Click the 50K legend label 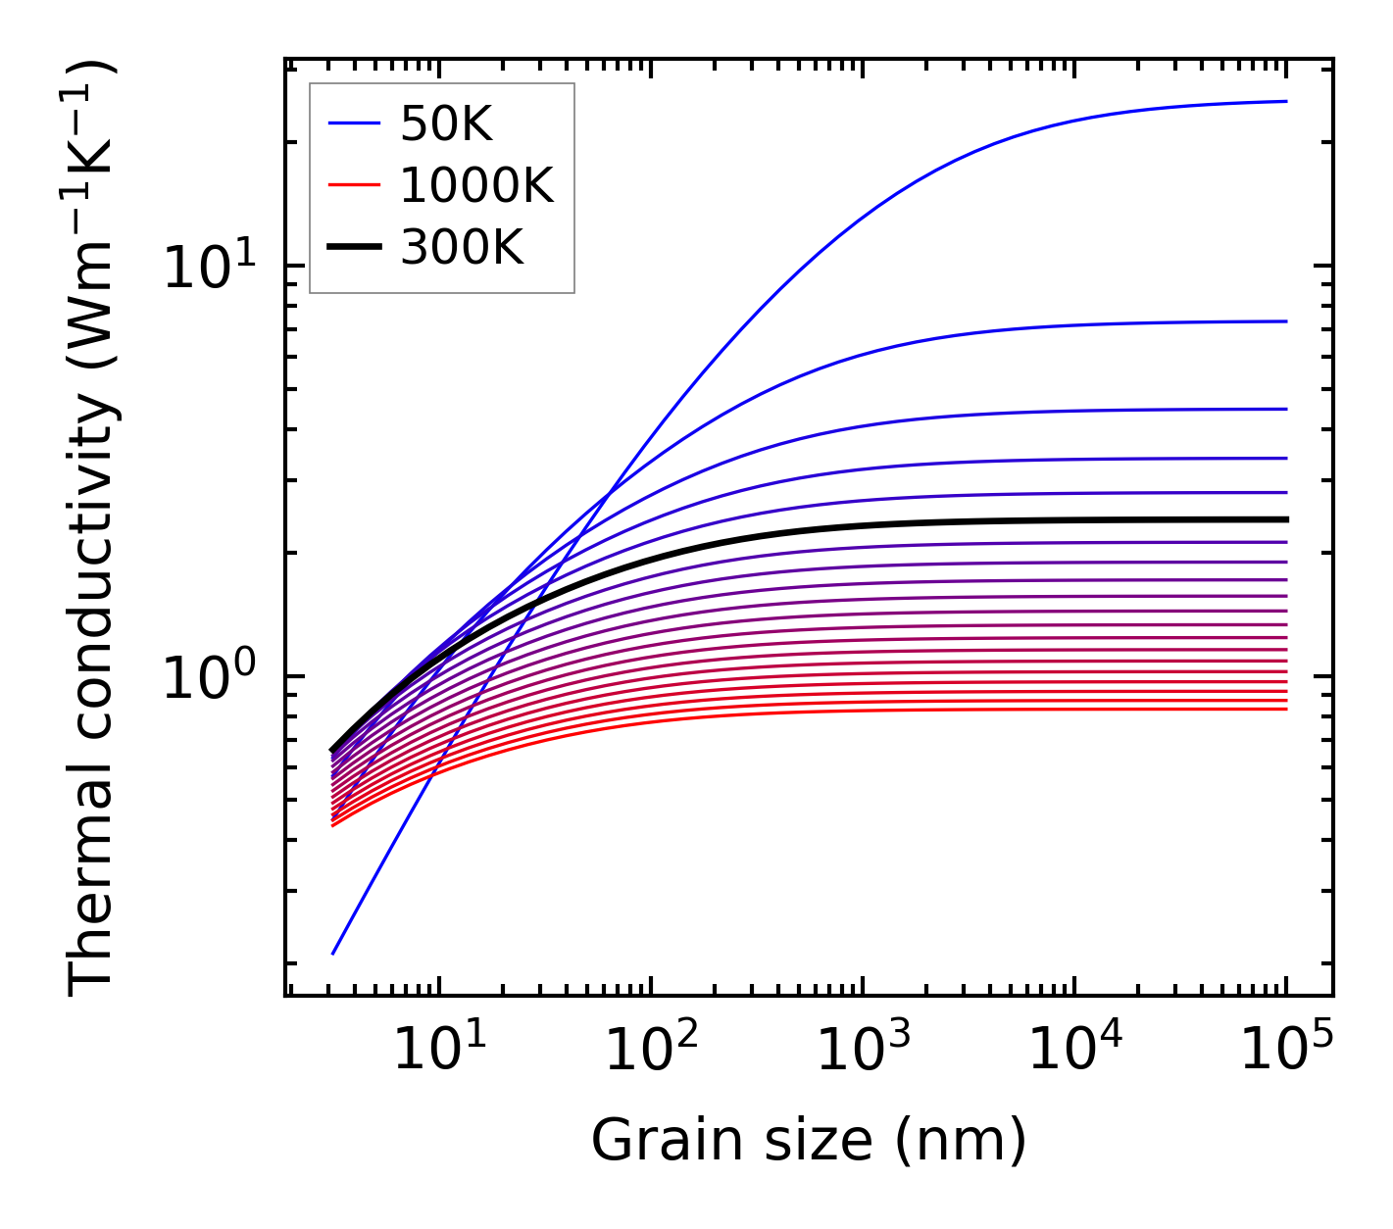(x=446, y=123)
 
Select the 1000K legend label (x=476, y=186)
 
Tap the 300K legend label (x=462, y=249)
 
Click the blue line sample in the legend (x=353, y=123)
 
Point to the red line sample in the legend (x=353, y=185)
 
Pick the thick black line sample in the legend (x=353, y=248)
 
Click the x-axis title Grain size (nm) (x=809, y=1141)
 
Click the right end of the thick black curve (x=1285, y=519)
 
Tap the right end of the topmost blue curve (x=1285, y=101)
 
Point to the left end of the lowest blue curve (x=333, y=953)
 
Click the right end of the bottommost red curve (x=1285, y=709)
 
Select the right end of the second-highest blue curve (x=1285, y=321)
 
